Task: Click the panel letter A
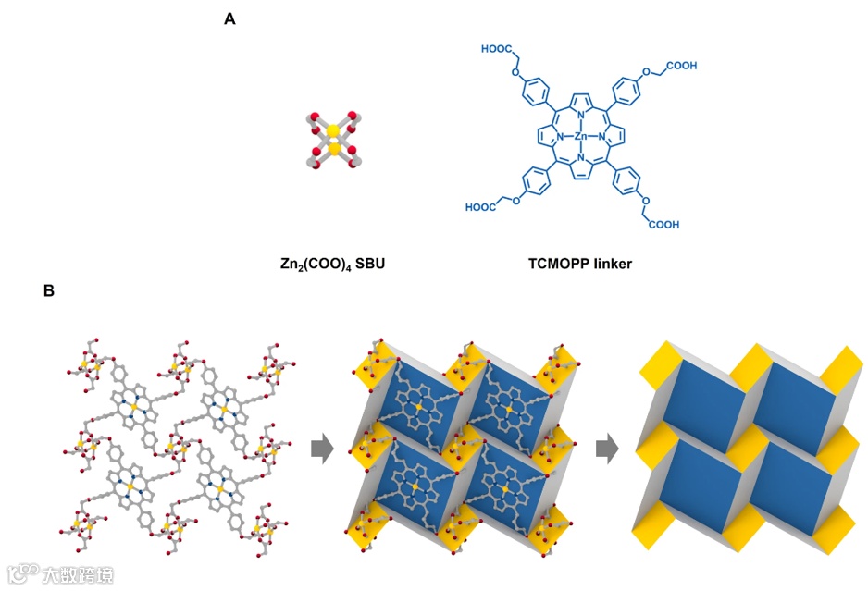tap(230, 17)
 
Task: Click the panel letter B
tap(49, 290)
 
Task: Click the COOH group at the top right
tap(680, 66)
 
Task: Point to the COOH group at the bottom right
tap(666, 223)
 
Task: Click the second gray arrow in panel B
tap(607, 449)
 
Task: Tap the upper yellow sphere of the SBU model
tap(333, 131)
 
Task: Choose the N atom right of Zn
tap(602, 136)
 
